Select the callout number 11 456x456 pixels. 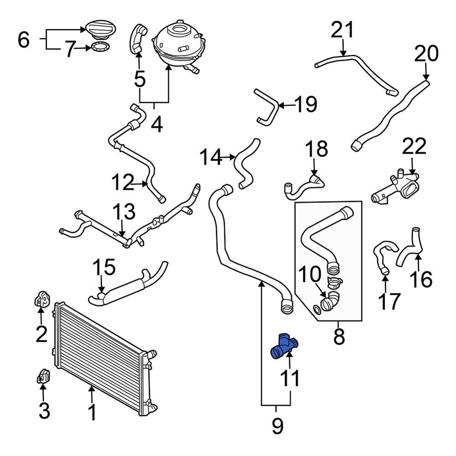point(290,378)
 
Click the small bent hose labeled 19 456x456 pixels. point(268,107)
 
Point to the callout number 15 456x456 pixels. point(104,268)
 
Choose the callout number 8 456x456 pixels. point(339,337)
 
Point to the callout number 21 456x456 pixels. point(342,31)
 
